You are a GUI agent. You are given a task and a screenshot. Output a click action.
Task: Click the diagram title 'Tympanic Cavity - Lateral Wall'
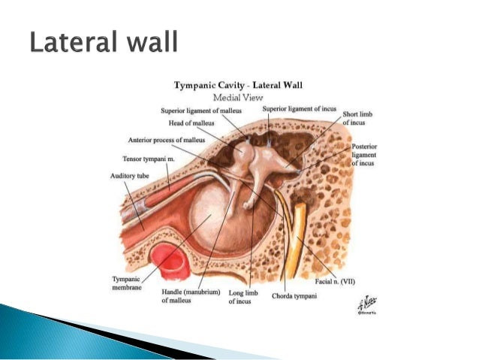pos(238,85)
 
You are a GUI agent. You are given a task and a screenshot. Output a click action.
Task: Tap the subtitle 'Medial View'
pos(237,98)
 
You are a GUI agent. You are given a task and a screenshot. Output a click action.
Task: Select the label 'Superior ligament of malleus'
pos(202,111)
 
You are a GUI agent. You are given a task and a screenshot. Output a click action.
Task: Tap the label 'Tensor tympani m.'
pos(148,159)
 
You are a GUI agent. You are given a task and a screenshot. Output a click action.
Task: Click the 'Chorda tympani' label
pos(294,295)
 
